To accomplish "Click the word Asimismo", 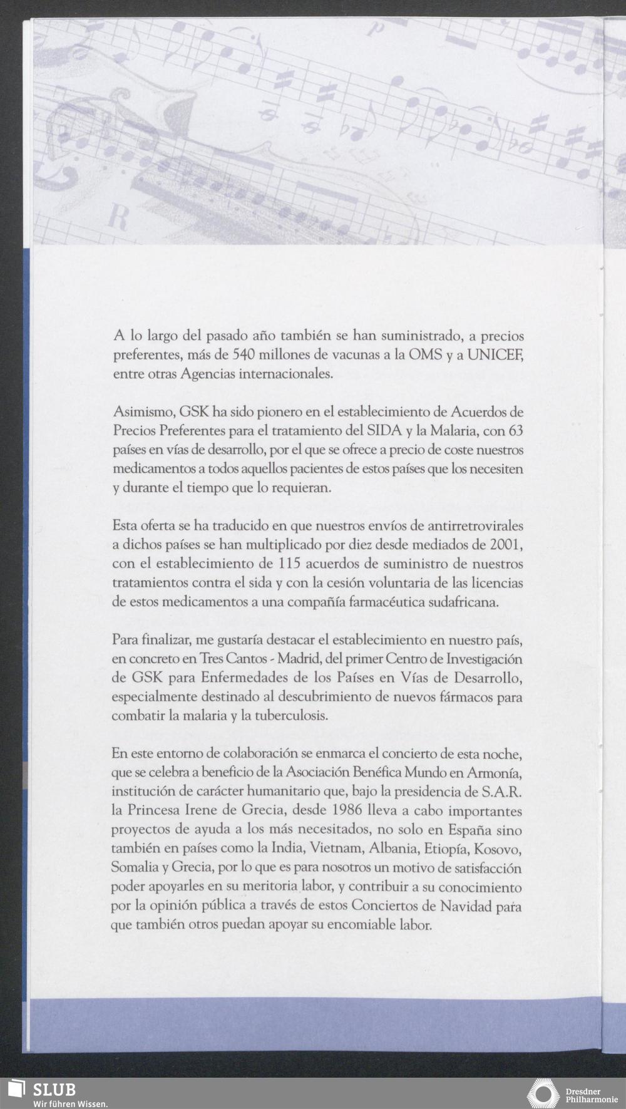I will (143, 413).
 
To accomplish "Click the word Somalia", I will (133, 869).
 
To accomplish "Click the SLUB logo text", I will (54, 1089).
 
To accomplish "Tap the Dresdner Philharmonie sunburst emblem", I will (542, 1093).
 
